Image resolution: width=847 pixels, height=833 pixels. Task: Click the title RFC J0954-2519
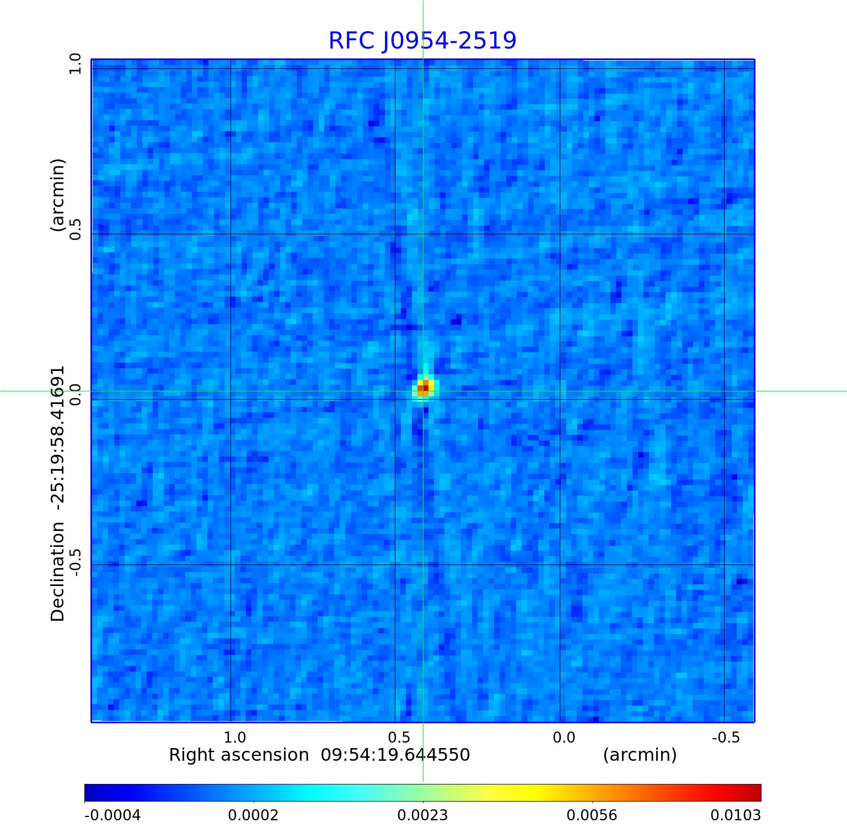tap(422, 41)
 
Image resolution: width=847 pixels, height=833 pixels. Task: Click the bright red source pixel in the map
tap(425, 388)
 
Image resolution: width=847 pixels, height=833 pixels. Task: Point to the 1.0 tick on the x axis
tap(235, 738)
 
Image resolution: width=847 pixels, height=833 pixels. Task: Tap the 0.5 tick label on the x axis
tap(399, 738)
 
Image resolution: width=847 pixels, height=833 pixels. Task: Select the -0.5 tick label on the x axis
tap(726, 738)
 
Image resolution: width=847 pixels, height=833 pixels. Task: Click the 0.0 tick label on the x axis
tap(564, 738)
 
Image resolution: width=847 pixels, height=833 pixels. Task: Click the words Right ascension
tap(239, 755)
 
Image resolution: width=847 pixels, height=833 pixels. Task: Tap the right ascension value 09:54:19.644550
tap(395, 755)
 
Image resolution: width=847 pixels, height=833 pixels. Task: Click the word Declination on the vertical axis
tap(58, 572)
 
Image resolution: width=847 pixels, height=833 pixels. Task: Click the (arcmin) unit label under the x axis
tap(640, 755)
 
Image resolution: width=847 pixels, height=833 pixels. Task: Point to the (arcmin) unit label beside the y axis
tap(58, 195)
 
